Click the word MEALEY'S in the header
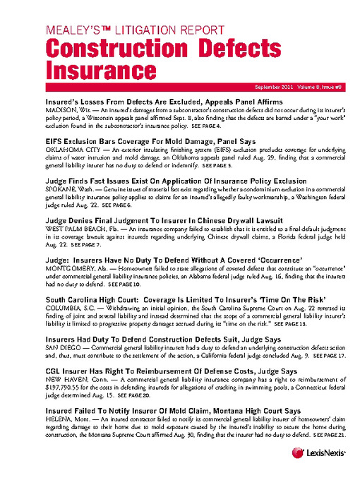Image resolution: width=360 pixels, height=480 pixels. click(x=70, y=30)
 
